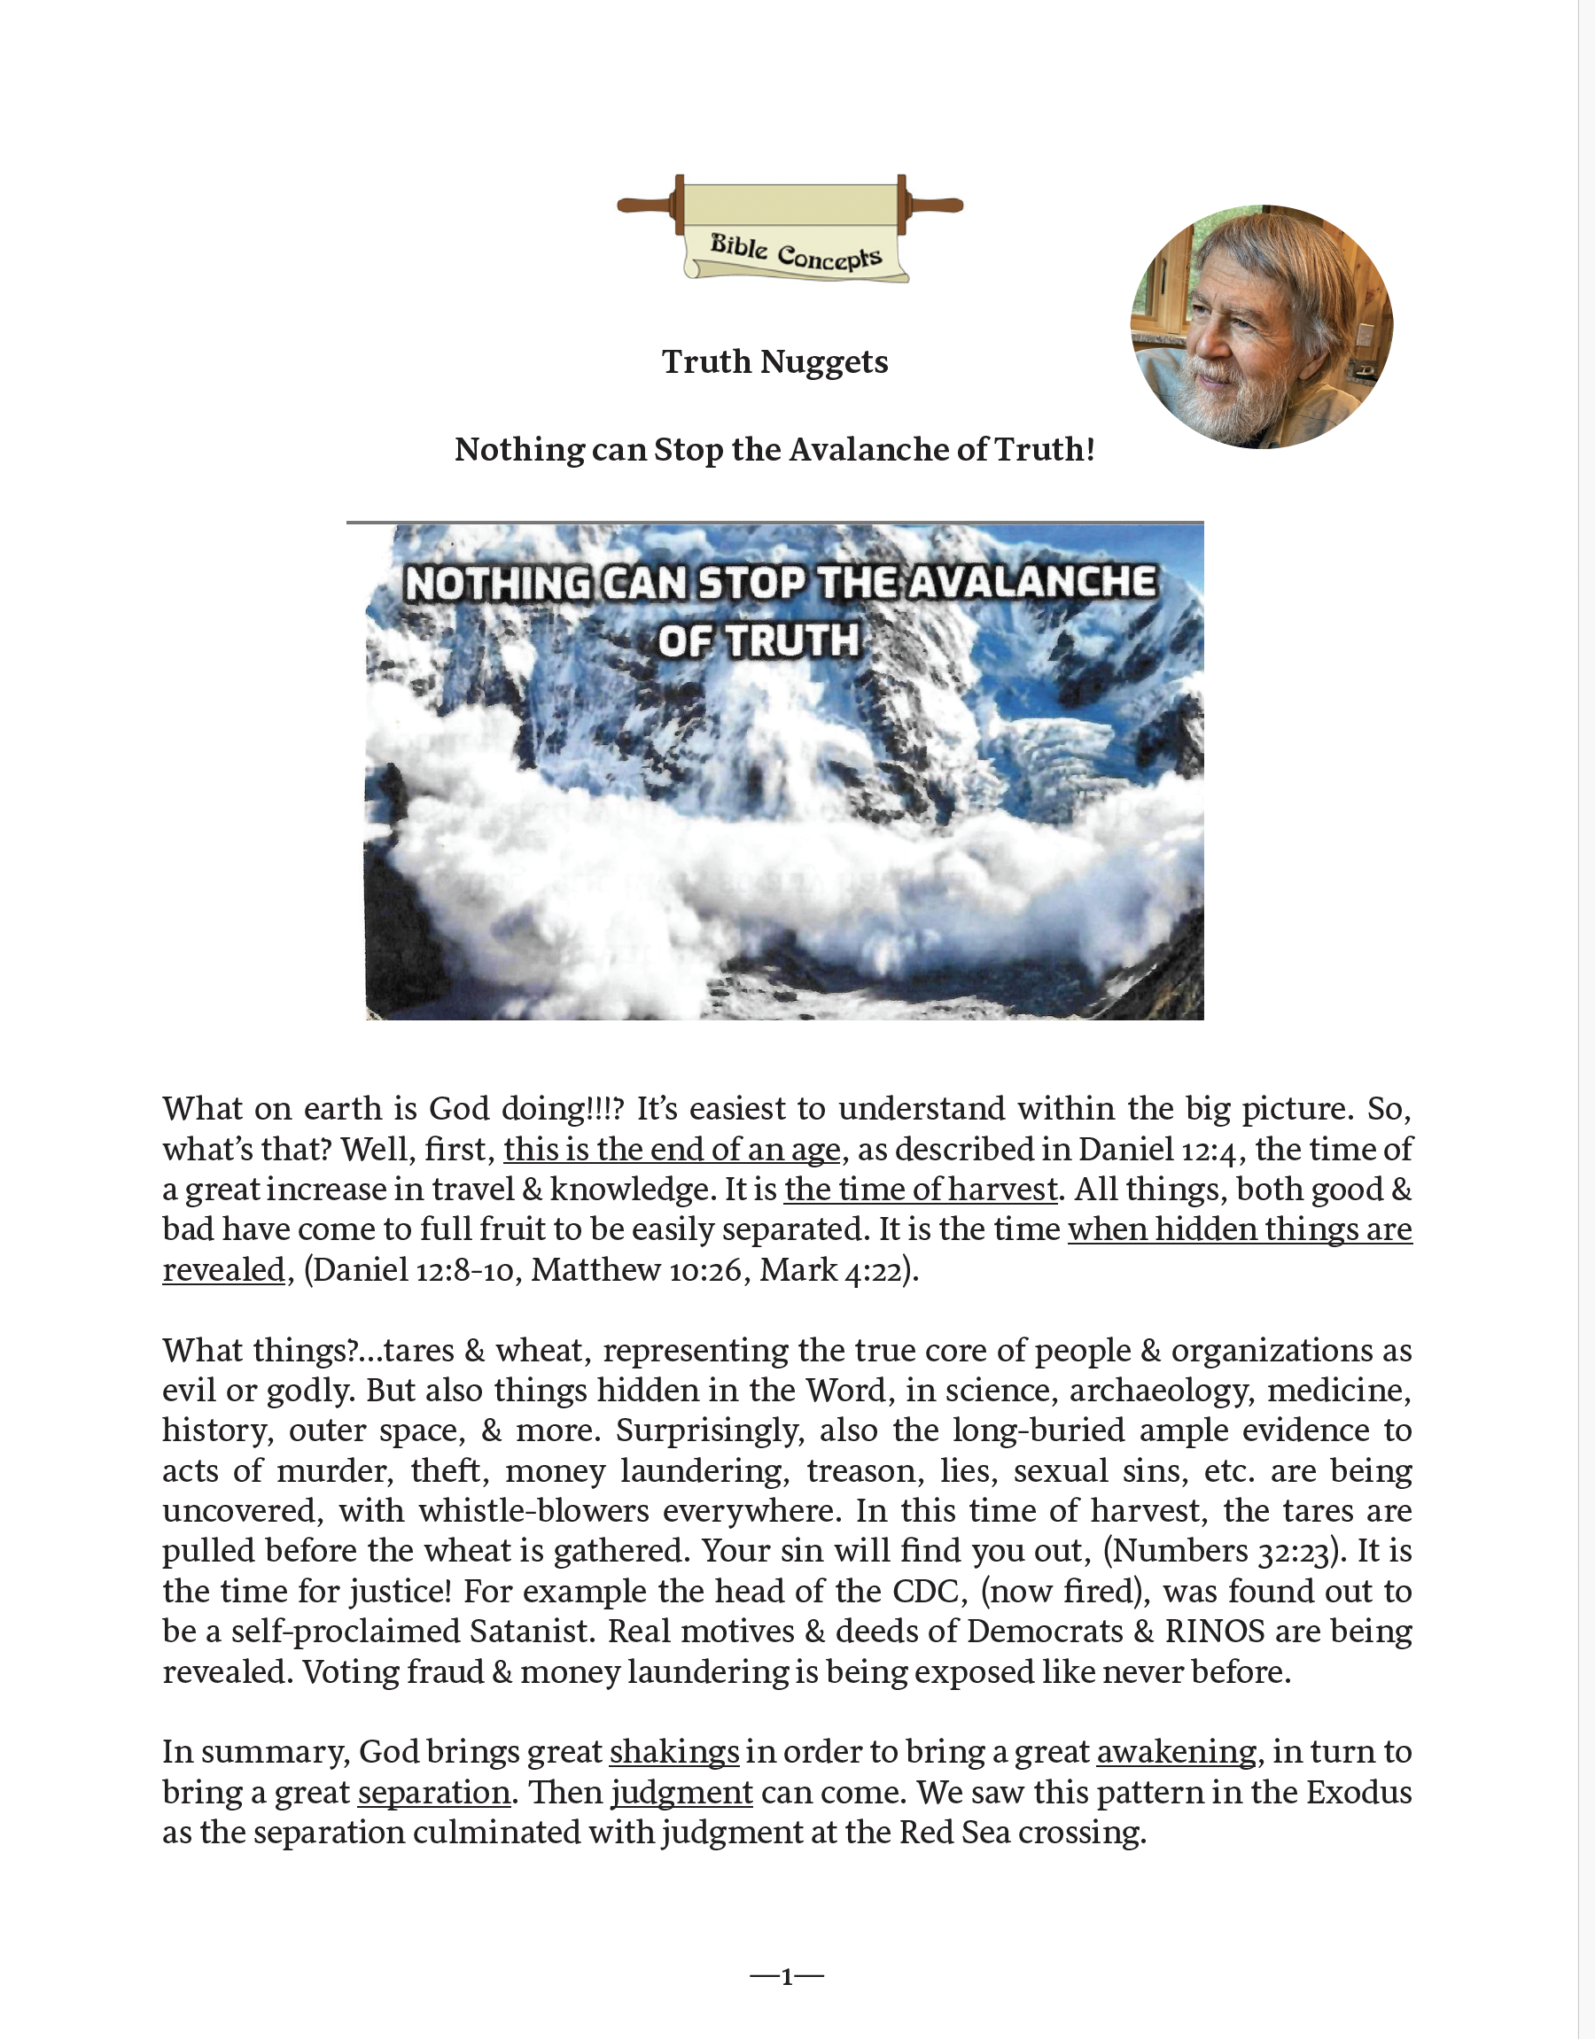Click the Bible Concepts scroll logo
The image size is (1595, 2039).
(790, 229)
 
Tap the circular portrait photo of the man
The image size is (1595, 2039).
(1262, 327)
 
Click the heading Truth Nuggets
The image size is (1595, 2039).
(774, 362)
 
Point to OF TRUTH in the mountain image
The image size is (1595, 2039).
(758, 641)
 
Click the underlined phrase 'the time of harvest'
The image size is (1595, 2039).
(920, 1190)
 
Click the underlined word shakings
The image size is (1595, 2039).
(674, 1751)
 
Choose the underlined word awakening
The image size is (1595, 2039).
(1176, 1751)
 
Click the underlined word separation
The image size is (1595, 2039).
(434, 1793)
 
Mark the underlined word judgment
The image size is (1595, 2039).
(681, 1793)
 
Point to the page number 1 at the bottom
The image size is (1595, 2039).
(786, 1976)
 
